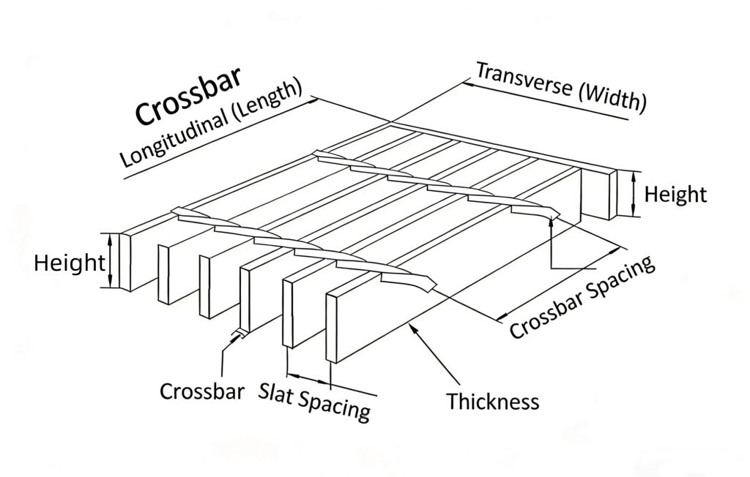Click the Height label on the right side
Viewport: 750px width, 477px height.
click(675, 194)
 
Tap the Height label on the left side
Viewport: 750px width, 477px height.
click(69, 263)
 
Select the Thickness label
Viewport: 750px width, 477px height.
click(493, 401)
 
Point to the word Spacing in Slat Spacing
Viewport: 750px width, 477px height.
click(334, 405)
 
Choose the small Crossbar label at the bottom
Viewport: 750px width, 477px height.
click(201, 391)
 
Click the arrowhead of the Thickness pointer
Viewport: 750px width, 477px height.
click(415, 329)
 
